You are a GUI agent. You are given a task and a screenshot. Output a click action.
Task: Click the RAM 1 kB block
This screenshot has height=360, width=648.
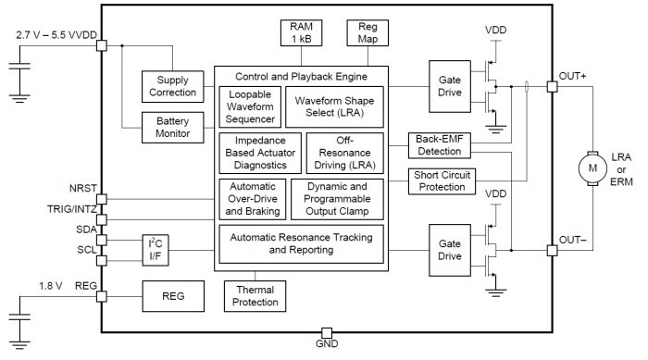301,32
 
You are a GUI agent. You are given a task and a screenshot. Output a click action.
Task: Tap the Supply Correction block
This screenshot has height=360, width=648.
170,86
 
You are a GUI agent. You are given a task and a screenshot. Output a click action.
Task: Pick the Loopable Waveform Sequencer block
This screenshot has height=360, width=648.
250,106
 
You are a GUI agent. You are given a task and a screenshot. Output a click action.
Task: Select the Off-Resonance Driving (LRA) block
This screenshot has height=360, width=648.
344,153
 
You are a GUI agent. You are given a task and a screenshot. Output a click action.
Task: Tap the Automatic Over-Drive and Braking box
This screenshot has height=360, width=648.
250,198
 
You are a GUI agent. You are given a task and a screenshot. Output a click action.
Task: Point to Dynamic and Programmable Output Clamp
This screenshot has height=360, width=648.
336,198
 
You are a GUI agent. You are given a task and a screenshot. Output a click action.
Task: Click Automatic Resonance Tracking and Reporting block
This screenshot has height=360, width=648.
302,243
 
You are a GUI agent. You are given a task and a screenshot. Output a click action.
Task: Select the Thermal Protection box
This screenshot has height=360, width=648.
255,295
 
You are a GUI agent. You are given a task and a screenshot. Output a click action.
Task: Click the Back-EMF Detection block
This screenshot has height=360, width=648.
441,144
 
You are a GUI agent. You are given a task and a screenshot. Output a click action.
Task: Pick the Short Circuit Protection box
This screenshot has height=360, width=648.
441,180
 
